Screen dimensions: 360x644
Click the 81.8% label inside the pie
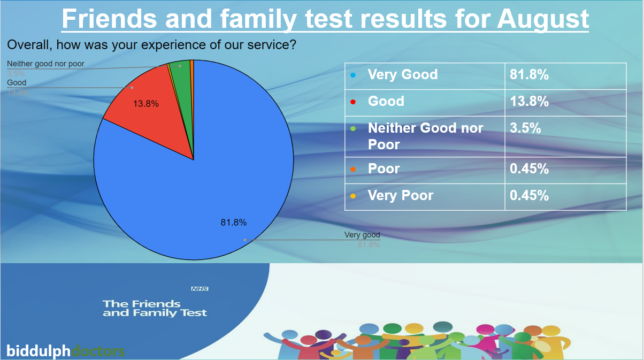point(233,223)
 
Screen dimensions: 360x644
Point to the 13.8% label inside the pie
point(146,104)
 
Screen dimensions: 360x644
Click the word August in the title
point(542,19)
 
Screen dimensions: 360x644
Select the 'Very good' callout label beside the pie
point(362,235)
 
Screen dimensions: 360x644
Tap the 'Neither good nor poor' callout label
point(45,64)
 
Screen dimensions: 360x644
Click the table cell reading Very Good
point(402,75)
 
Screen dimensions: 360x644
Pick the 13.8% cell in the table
point(529,102)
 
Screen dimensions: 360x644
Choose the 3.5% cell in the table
point(525,128)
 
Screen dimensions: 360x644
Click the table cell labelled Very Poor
point(400,196)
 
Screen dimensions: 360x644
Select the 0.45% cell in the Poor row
point(529,169)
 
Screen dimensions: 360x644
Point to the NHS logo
point(200,289)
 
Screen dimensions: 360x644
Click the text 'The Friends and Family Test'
point(155,309)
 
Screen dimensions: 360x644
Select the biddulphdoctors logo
point(65,351)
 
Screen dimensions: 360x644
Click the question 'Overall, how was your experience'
point(152,45)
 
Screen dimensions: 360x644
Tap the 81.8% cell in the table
point(529,75)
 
